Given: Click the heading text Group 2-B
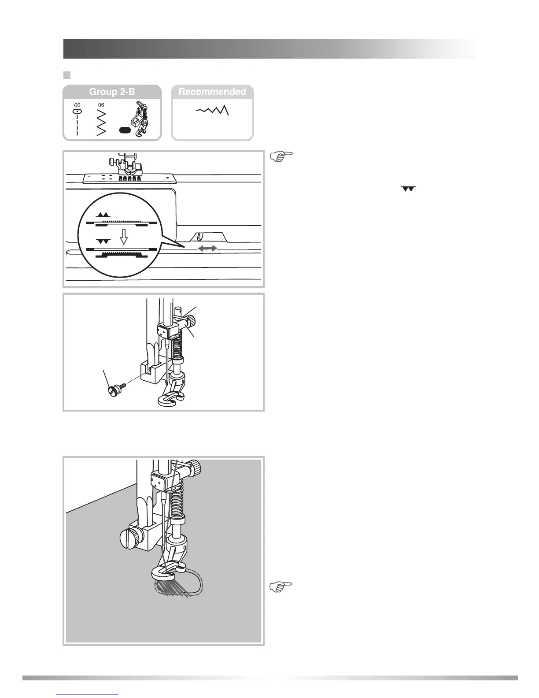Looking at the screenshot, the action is click(112, 92).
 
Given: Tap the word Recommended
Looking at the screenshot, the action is click(212, 92).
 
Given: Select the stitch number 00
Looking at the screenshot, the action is click(77, 105).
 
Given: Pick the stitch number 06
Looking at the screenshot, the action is click(101, 105).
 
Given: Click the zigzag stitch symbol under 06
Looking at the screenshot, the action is click(101, 122).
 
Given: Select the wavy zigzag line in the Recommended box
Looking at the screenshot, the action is click(213, 110).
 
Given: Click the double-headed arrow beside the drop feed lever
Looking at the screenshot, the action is click(207, 249).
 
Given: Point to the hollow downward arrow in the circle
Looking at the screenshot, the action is click(124, 238).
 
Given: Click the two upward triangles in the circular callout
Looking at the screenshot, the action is click(103, 215).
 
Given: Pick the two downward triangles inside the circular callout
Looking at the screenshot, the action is click(103, 241).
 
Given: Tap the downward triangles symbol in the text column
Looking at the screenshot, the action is click(408, 189).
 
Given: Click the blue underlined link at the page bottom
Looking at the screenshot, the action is click(88, 694).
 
